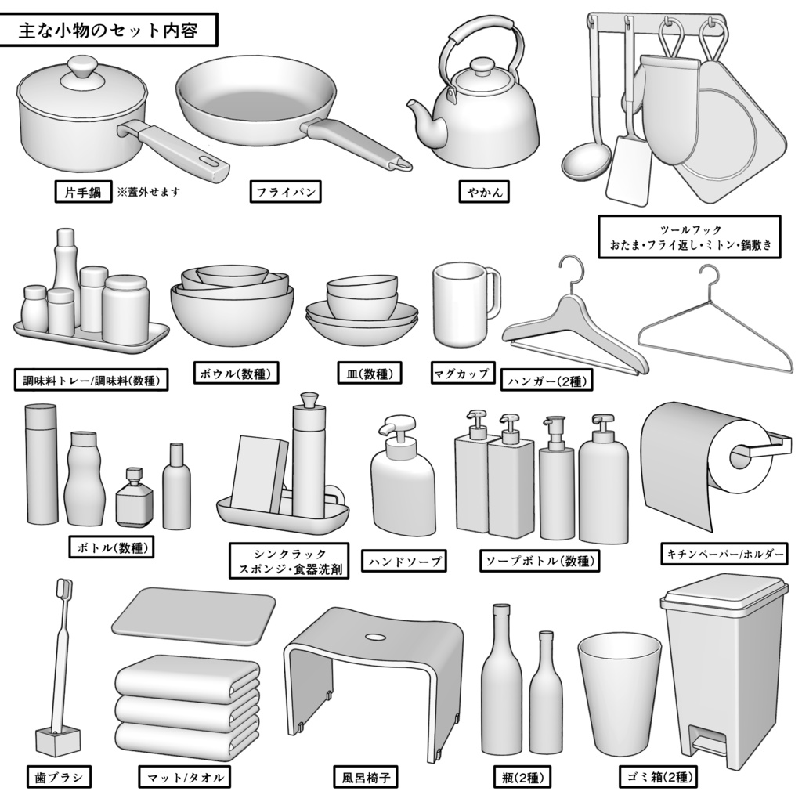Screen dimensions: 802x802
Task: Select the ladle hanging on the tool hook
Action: coord(586,161)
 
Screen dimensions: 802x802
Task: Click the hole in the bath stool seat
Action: coord(374,637)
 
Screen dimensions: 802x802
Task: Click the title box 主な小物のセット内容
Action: coord(109,31)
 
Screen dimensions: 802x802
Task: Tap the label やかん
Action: coord(482,192)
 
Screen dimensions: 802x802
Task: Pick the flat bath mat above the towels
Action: coord(193,615)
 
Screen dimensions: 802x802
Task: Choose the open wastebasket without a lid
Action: coord(619,694)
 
